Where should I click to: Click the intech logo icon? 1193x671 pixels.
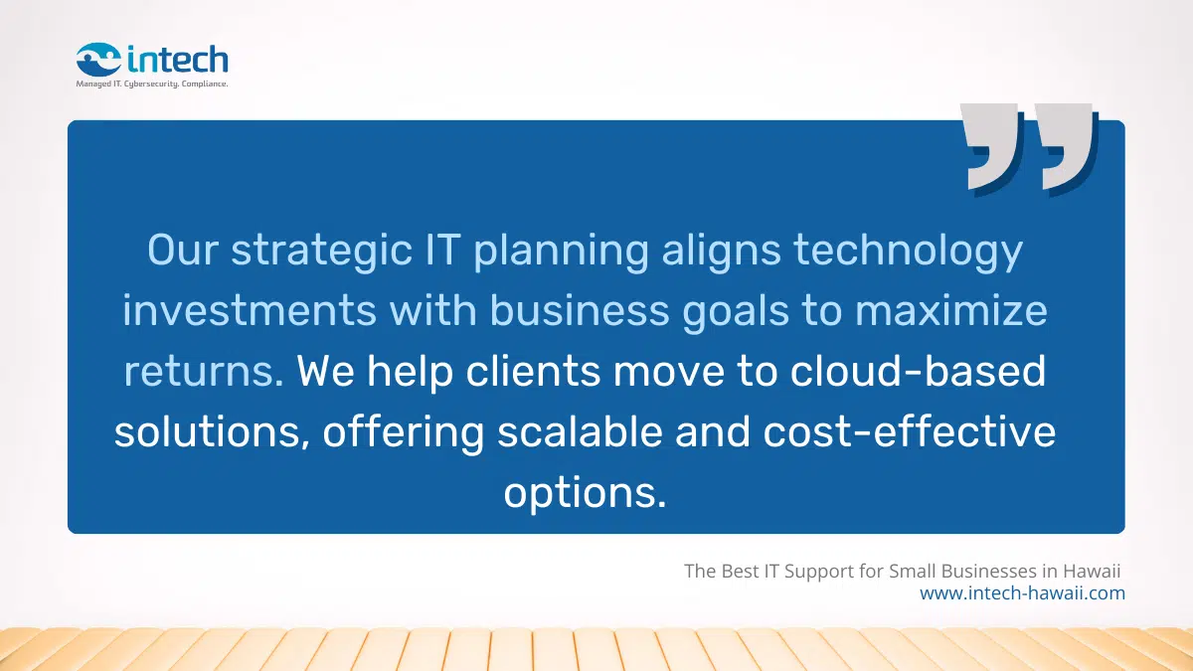[99, 61]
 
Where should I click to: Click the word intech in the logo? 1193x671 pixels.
[177, 60]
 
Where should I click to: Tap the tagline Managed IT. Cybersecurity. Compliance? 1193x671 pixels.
[152, 84]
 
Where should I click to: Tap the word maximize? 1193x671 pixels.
[951, 311]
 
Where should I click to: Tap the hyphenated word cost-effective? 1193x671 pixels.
[907, 432]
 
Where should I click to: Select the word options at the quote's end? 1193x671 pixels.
[585, 494]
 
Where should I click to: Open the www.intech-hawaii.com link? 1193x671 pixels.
[1022, 593]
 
